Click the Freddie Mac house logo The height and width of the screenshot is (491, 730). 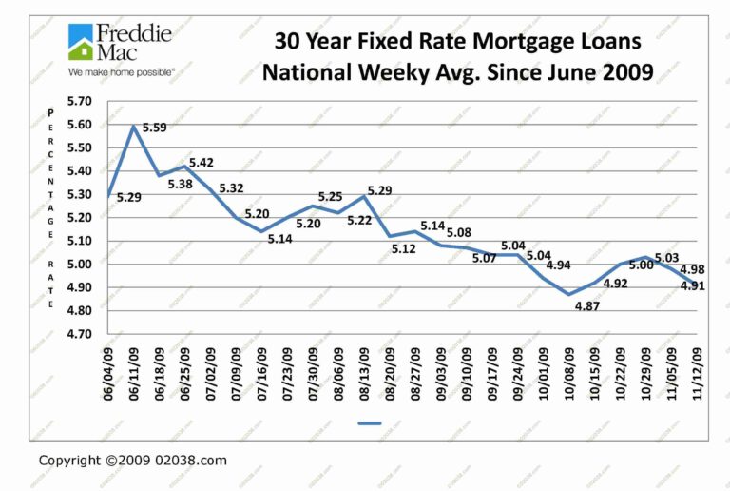pos(81,43)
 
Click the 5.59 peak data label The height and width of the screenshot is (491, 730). pos(156,128)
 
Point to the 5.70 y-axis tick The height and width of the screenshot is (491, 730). pos(81,101)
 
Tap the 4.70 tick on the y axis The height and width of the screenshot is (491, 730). pos(81,334)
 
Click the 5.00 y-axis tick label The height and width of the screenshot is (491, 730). pos(81,264)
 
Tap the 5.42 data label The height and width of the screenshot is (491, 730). pos(202,163)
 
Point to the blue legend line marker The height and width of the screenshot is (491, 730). pos(370,422)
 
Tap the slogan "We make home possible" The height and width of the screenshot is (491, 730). pos(121,71)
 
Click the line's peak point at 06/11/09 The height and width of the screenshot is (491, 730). pos(134,127)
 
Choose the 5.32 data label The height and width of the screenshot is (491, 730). pos(232,188)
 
